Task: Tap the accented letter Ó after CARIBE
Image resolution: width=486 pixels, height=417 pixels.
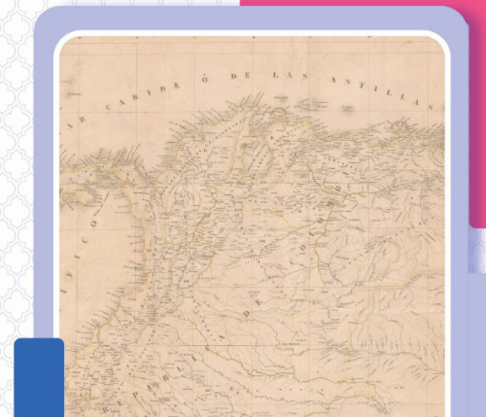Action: click(x=206, y=76)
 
